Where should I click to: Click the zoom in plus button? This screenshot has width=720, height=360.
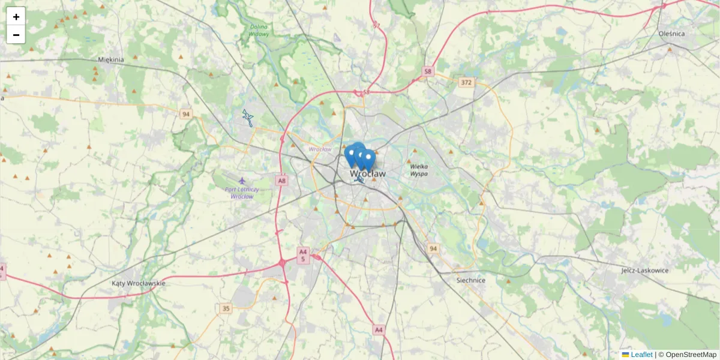coord(16,17)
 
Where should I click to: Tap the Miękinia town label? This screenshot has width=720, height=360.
coord(110,59)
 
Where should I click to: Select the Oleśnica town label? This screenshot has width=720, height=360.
coord(671,34)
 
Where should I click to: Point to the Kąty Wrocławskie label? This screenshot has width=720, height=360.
coord(139,283)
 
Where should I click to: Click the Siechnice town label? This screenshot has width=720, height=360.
coord(471,280)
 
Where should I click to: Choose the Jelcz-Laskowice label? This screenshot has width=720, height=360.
coord(645,271)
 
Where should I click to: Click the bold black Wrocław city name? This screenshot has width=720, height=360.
coord(368,173)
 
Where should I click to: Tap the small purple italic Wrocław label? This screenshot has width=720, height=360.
coord(320,149)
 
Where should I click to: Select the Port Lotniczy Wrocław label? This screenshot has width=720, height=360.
coord(242,193)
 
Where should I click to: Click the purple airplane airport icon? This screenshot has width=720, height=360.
coord(242,180)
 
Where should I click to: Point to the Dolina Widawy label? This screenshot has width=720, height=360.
coord(259,30)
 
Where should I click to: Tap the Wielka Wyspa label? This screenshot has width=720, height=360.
coord(419,170)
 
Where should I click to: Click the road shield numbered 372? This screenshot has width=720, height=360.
coord(466,82)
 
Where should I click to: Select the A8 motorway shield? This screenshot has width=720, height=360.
coord(281,179)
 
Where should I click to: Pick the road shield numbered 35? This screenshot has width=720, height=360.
coord(226,308)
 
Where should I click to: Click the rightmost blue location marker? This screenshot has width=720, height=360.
coord(369,158)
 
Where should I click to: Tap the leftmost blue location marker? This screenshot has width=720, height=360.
coord(351,154)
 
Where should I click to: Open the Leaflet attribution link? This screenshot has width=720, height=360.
coord(641,355)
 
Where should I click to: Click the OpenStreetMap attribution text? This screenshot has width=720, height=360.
coord(691,355)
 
